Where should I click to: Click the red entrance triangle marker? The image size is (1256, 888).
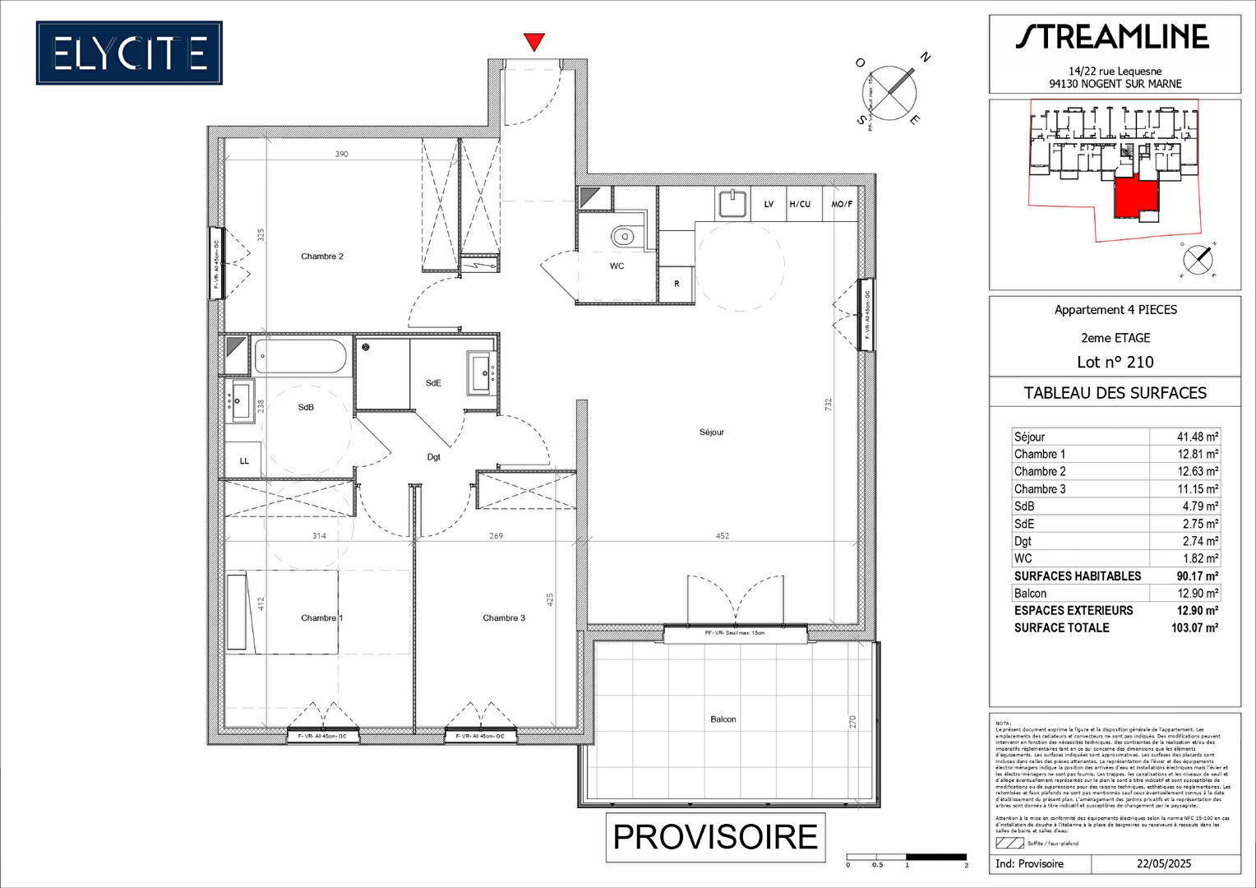[x=534, y=41]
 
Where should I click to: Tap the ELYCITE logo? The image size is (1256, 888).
[x=129, y=53]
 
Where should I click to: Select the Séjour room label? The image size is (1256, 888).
[x=712, y=432]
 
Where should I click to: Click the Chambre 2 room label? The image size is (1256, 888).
[x=322, y=257]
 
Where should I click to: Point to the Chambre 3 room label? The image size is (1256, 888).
[x=504, y=618]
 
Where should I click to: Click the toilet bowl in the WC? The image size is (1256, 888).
[x=624, y=237]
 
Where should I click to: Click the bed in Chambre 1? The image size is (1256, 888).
[x=283, y=613]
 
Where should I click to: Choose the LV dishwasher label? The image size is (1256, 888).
[x=769, y=205]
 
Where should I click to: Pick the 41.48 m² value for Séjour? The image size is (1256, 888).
[x=1197, y=437]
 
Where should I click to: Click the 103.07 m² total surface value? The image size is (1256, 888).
[x=1194, y=628]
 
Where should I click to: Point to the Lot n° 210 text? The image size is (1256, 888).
[x=1115, y=363]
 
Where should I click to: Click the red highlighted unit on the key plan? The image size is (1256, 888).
[x=1134, y=197]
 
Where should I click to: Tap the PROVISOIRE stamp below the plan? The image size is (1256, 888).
[x=715, y=837]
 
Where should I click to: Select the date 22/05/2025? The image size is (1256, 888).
[x=1164, y=864]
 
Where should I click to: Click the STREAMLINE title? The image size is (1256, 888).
[x=1113, y=37]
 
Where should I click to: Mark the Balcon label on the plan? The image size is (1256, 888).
[x=723, y=719]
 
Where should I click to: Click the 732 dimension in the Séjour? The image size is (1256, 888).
[x=829, y=405]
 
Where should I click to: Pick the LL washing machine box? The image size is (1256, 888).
[x=244, y=461]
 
